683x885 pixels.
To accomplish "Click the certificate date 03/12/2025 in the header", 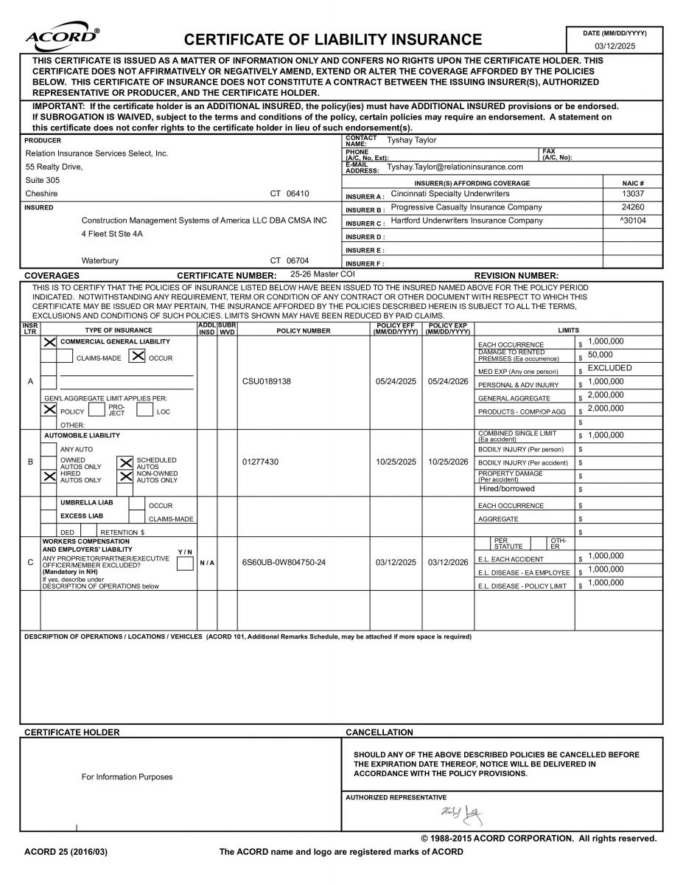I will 614,46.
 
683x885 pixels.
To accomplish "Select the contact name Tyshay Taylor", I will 412,140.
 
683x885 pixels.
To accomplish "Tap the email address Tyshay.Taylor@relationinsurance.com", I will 455,167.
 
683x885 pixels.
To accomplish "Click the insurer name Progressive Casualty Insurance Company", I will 466,207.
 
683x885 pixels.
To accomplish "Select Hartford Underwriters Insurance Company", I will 466,221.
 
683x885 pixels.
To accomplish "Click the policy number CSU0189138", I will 267,382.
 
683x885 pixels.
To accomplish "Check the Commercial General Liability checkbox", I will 49,342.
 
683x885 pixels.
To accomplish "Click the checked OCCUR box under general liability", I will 137,357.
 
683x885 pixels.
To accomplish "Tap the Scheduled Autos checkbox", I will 126,463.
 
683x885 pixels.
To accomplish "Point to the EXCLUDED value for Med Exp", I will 609,368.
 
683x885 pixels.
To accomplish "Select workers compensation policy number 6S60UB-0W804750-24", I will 284,562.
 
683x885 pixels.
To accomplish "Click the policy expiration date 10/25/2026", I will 448,462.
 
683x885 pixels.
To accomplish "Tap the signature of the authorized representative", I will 463,813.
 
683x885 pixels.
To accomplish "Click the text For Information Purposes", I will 127,777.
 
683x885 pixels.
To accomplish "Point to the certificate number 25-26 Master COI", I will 323,274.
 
